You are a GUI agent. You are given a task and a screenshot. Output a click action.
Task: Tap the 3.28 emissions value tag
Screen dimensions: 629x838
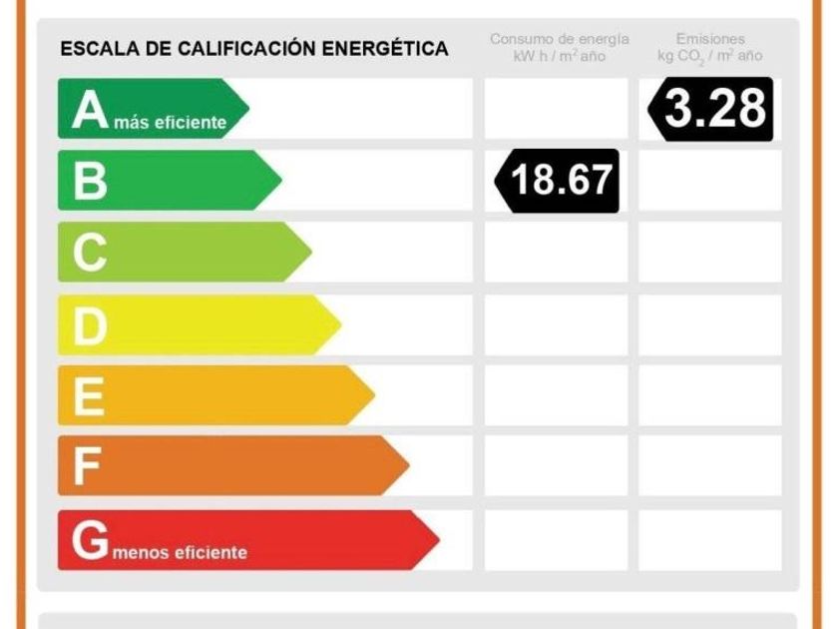click(x=711, y=109)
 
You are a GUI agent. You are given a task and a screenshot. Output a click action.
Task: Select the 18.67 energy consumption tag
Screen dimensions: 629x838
click(x=558, y=181)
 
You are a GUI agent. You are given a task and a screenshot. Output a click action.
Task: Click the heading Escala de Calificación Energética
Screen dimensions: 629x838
click(x=254, y=49)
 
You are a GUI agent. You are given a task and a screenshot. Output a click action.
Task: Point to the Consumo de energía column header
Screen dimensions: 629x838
click(x=559, y=47)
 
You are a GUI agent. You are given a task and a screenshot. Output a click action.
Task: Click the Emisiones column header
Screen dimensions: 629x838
click(x=710, y=47)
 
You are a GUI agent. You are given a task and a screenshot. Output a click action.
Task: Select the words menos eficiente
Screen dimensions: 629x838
click(x=181, y=552)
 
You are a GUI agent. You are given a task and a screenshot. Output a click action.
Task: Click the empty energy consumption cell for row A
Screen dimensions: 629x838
click(x=556, y=109)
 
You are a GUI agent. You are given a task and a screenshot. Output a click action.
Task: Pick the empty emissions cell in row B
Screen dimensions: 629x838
click(x=710, y=181)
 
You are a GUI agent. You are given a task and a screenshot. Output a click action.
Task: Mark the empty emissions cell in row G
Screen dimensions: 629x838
click(x=710, y=540)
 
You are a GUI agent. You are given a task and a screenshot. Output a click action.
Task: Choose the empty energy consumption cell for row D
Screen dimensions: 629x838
click(x=556, y=324)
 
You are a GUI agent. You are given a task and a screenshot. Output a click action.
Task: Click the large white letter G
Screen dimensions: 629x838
click(x=90, y=540)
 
